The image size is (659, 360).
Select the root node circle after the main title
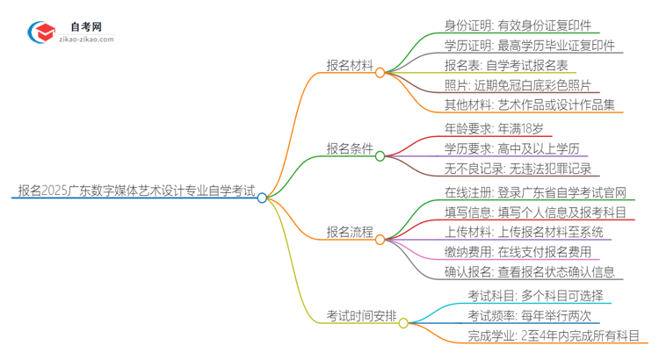262,198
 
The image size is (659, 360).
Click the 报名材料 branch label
350,65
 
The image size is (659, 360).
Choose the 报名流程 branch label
350,233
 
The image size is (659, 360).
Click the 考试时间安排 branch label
361,314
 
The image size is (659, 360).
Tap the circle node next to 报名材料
380,73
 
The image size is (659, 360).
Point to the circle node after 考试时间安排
404,323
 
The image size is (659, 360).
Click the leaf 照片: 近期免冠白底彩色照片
518,85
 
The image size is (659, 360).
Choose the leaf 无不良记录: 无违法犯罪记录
518,168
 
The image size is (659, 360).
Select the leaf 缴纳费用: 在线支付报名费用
518,251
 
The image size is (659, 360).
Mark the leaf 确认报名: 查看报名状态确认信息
529,271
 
